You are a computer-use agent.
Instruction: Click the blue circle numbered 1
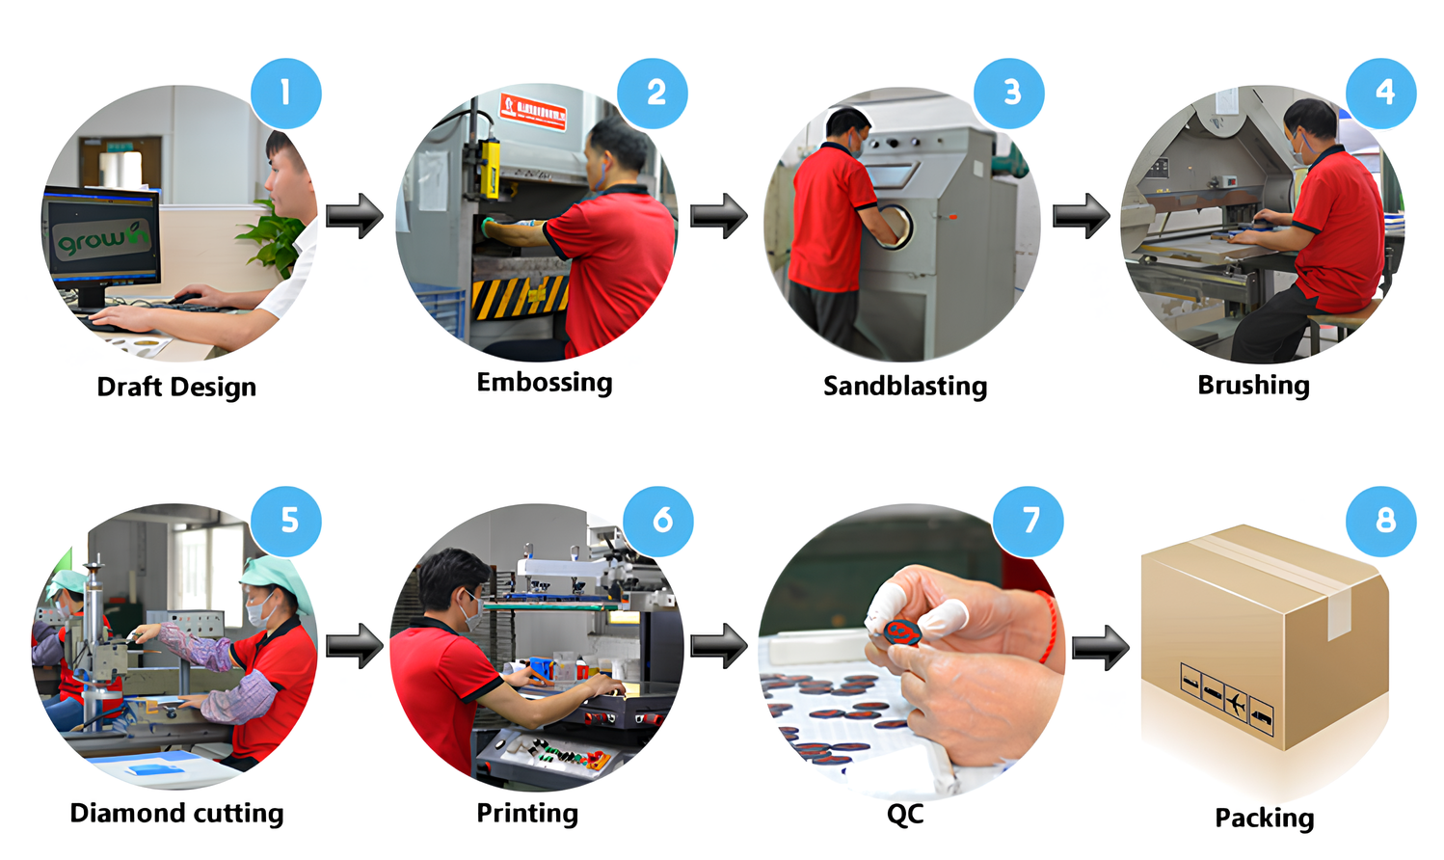[285, 94]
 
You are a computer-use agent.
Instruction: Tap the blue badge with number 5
[285, 521]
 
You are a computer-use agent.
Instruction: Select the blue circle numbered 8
[1380, 521]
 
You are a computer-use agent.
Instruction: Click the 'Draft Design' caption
[176, 387]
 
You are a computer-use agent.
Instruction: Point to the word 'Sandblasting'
[905, 386]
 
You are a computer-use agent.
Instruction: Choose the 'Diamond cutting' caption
[176, 813]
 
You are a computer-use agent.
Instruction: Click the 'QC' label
[905, 814]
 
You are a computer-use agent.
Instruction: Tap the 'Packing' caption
[1264, 818]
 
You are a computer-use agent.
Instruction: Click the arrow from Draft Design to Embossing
[355, 215]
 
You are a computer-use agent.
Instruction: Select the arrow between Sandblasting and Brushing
[1081, 215]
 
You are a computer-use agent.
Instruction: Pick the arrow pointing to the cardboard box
[1101, 647]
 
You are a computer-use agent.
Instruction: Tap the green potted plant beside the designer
[274, 238]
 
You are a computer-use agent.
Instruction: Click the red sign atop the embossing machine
[534, 111]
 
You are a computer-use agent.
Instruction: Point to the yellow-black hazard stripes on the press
[520, 298]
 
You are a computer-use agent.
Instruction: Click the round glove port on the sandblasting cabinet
[896, 225]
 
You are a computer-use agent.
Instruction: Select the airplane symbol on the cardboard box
[1236, 702]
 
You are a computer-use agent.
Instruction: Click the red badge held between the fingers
[902, 632]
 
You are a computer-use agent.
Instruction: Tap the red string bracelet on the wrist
[1049, 627]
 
